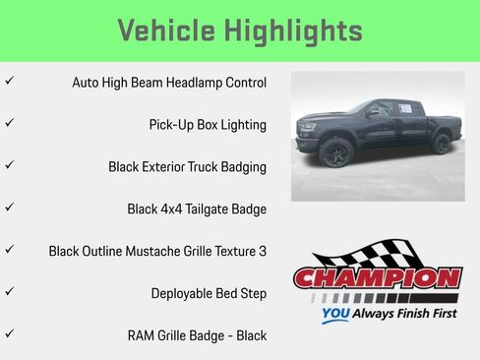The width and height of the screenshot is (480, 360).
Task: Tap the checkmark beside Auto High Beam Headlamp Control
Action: coord(10,82)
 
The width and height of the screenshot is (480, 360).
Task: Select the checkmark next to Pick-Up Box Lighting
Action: coord(10,124)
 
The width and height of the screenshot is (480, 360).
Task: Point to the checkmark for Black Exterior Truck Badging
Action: coord(10,166)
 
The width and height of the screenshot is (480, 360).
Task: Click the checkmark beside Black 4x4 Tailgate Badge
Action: coord(10,208)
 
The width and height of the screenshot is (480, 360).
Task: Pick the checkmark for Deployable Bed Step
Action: coord(10,292)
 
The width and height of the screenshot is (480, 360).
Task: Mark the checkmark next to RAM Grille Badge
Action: coord(10,334)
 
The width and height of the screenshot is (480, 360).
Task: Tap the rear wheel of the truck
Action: coord(442,145)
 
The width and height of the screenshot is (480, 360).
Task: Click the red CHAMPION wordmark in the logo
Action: coord(378,277)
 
